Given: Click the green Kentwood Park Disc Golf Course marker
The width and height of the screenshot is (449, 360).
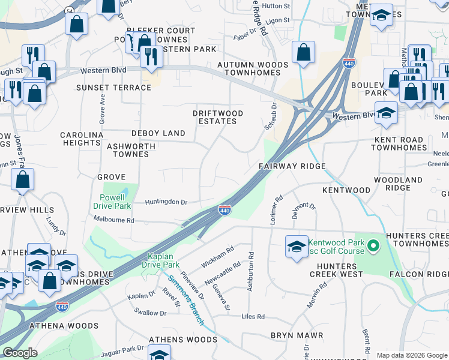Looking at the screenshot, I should (372, 246).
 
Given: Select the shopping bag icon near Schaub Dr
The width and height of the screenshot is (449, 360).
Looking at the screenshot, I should (304, 52).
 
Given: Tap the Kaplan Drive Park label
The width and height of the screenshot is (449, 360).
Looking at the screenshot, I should (160, 260).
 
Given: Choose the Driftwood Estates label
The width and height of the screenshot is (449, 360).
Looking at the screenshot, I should (217, 117).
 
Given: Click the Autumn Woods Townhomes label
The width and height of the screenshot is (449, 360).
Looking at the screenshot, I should (249, 68).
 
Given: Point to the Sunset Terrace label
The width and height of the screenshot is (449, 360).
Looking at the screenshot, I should (113, 88).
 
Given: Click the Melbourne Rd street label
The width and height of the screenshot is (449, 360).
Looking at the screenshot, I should (113, 221).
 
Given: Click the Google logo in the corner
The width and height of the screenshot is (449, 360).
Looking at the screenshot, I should (20, 353).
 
